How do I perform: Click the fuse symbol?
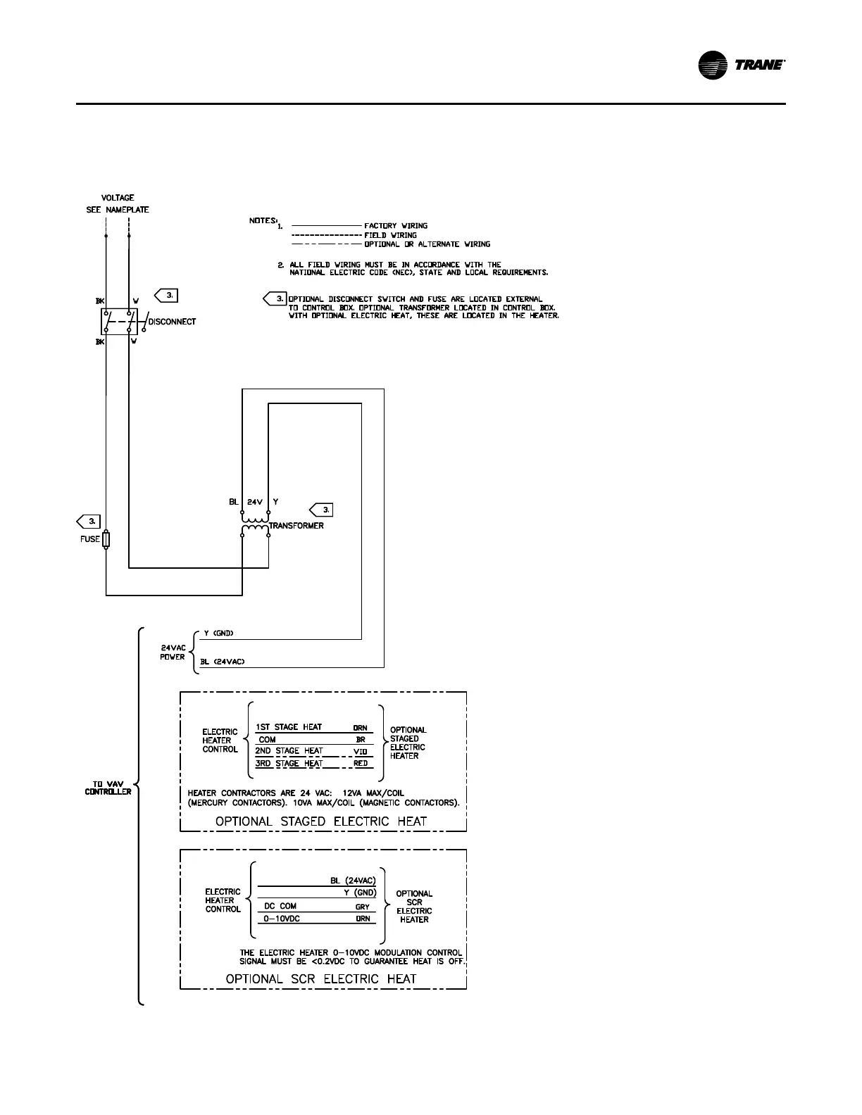tap(106, 540)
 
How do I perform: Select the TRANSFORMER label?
tap(296, 526)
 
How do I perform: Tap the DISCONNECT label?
tap(172, 322)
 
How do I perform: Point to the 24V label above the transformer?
tap(255, 502)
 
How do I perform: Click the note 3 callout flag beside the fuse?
tap(89, 521)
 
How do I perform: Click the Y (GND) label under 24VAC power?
tap(214, 634)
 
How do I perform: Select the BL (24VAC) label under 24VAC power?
tap(221, 662)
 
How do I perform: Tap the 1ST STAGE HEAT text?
tap(288, 727)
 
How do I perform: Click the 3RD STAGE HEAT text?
tap(289, 764)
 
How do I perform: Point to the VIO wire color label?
tap(361, 752)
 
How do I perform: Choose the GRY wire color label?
tap(362, 907)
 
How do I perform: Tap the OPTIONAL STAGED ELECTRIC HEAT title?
tap(321, 821)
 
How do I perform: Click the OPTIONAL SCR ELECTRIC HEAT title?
tap(321, 978)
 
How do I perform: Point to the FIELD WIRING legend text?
tap(390, 235)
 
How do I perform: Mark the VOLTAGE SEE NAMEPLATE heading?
tap(118, 203)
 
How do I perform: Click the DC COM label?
tap(280, 907)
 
